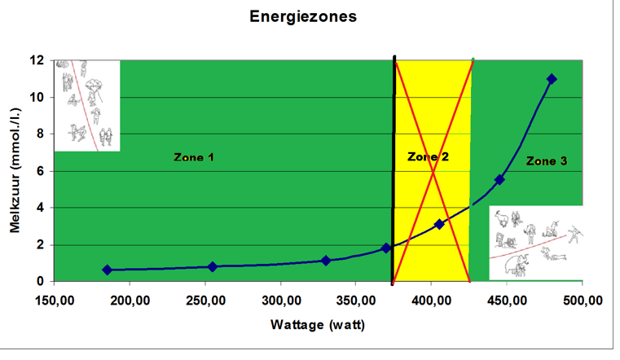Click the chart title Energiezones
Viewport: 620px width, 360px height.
point(303,17)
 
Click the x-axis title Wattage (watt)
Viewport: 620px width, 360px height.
point(318,324)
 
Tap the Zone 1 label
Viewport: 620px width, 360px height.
point(194,157)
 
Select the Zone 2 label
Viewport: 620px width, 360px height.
point(428,157)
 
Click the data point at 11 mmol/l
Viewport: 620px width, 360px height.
point(552,79)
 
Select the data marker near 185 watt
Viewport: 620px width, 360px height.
point(107,270)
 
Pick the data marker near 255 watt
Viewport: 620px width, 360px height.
point(213,266)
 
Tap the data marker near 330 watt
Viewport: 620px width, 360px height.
point(326,261)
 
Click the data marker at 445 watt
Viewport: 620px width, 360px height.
point(499,180)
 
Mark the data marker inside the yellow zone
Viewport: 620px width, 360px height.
point(439,224)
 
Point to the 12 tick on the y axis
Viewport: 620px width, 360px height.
point(37,60)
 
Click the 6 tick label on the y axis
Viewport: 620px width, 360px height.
point(40,171)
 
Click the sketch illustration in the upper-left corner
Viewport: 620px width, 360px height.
point(86,105)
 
